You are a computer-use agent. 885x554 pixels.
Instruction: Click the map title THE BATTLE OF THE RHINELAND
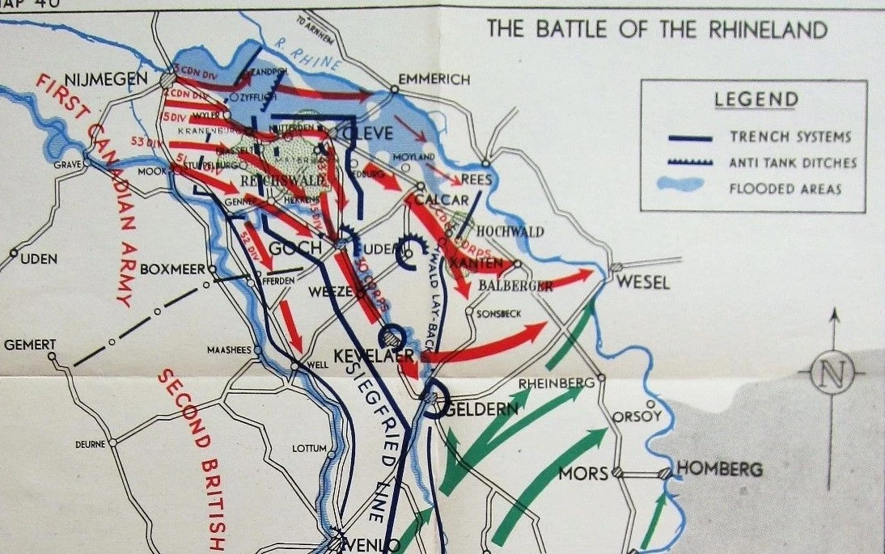tap(657, 30)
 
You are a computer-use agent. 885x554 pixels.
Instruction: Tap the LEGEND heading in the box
tap(756, 100)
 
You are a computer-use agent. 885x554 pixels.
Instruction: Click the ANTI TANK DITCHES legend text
tap(794, 163)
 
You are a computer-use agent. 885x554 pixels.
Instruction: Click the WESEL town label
tap(643, 282)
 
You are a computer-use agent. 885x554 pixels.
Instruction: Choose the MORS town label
tap(583, 472)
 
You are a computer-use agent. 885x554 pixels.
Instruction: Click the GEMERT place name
tap(30, 345)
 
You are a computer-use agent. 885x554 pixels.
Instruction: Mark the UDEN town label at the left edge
tap(38, 258)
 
